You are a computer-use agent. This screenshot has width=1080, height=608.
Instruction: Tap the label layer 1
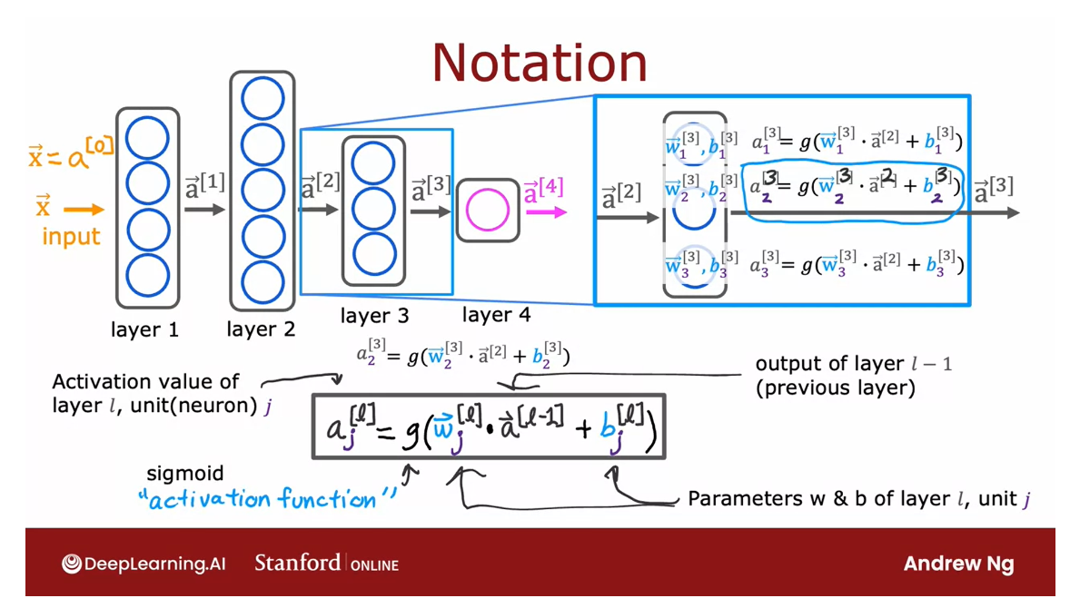(x=144, y=329)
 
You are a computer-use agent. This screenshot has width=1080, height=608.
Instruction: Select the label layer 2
(x=261, y=329)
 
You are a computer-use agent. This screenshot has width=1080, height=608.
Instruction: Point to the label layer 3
(x=374, y=316)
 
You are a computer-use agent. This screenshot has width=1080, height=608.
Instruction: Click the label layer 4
(x=496, y=315)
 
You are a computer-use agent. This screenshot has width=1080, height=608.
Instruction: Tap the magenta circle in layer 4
(x=488, y=211)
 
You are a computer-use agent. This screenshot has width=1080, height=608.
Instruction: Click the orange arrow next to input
(x=84, y=211)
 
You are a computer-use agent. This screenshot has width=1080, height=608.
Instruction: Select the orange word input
(x=71, y=238)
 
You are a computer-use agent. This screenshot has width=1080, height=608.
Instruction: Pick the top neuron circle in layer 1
(x=147, y=140)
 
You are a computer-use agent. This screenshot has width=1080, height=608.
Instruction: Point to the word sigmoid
(x=184, y=474)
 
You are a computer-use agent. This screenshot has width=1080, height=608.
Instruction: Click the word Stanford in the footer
(x=297, y=563)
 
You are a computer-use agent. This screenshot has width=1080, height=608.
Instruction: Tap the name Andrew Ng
(x=958, y=564)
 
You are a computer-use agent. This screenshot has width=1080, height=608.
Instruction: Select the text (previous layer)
(x=835, y=387)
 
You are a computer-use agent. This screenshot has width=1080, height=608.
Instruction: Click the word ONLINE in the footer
(x=374, y=564)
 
